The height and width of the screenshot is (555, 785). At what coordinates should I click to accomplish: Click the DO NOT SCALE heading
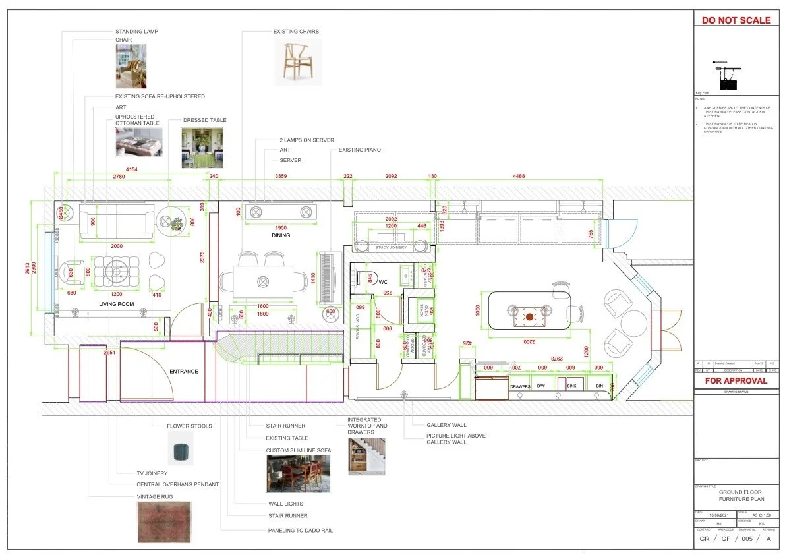tap(736, 20)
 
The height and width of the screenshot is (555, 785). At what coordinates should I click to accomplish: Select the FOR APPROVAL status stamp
tap(736, 380)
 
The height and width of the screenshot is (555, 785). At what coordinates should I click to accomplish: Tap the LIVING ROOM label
tap(116, 304)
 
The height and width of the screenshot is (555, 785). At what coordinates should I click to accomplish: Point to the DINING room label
tap(281, 235)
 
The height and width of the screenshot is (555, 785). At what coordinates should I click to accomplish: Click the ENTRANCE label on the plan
tap(183, 372)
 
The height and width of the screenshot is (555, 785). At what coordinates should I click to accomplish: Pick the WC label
tap(382, 282)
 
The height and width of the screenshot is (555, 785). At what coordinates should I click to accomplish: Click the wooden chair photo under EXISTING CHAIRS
tap(298, 61)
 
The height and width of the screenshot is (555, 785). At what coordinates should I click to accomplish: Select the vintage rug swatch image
tap(164, 522)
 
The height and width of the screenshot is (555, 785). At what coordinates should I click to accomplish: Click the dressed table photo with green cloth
tap(202, 148)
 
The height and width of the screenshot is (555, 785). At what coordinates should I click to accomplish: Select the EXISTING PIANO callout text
tap(359, 150)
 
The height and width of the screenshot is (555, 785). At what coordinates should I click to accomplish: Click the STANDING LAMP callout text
tap(136, 31)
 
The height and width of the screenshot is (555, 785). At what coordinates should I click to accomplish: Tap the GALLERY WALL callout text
tap(446, 425)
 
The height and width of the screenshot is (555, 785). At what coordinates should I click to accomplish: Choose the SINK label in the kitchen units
tap(571, 386)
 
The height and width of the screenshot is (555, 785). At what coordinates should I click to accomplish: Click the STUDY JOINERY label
tap(391, 248)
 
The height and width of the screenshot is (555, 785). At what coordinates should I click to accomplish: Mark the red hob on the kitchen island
tap(529, 316)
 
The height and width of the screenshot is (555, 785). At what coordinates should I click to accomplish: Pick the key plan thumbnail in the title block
tap(727, 76)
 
